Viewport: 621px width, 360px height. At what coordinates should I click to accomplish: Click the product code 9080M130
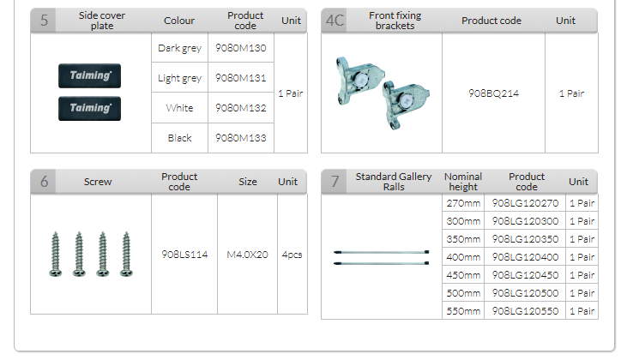pyautogui.click(x=240, y=48)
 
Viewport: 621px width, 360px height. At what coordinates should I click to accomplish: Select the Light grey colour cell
pyautogui.click(x=180, y=78)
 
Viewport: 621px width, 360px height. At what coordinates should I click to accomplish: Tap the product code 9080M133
pyautogui.click(x=240, y=138)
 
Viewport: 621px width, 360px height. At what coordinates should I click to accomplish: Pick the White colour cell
pyautogui.click(x=179, y=108)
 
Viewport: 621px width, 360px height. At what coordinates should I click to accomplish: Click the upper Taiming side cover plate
pyautogui.click(x=89, y=75)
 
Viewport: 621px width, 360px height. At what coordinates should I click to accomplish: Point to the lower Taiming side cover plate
pyautogui.click(x=89, y=108)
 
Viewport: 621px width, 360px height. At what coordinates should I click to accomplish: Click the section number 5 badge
pyautogui.click(x=44, y=21)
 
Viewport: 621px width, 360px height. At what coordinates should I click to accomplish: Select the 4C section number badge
pyautogui.click(x=335, y=21)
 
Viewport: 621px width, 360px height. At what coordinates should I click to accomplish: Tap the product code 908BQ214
pyautogui.click(x=493, y=93)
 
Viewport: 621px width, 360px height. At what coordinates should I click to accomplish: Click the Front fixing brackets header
pyautogui.click(x=395, y=21)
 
